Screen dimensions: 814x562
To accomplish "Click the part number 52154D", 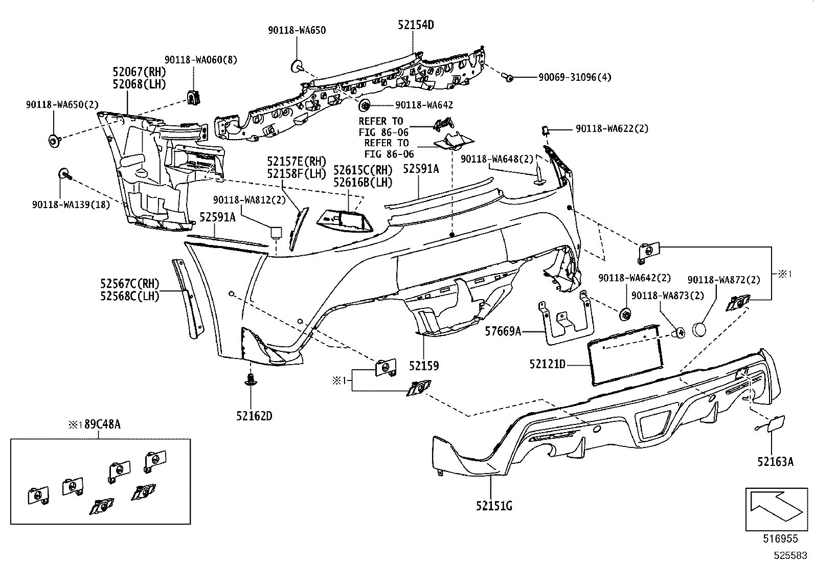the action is [x=416, y=25].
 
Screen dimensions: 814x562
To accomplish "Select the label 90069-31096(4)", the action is [x=575, y=77].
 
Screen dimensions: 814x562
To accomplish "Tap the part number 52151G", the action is [x=494, y=506].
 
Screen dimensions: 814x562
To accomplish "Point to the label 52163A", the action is [x=775, y=462].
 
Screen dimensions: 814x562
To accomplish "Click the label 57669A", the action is [x=503, y=331].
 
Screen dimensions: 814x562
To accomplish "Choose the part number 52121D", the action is [x=547, y=364].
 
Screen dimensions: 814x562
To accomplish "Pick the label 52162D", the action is [x=254, y=416].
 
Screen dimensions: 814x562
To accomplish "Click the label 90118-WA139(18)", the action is [x=71, y=205].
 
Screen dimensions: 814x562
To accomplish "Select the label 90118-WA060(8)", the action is [x=200, y=60].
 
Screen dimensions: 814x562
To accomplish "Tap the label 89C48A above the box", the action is [x=102, y=424].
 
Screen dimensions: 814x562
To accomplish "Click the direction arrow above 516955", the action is [x=777, y=507].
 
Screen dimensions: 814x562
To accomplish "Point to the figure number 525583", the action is [x=790, y=555].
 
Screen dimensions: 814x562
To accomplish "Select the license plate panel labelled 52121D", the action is [x=625, y=354].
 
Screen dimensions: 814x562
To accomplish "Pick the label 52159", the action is [x=424, y=366].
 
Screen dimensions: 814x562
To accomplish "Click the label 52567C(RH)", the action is [x=130, y=283].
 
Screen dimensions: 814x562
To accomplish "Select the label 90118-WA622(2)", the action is [x=612, y=129].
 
